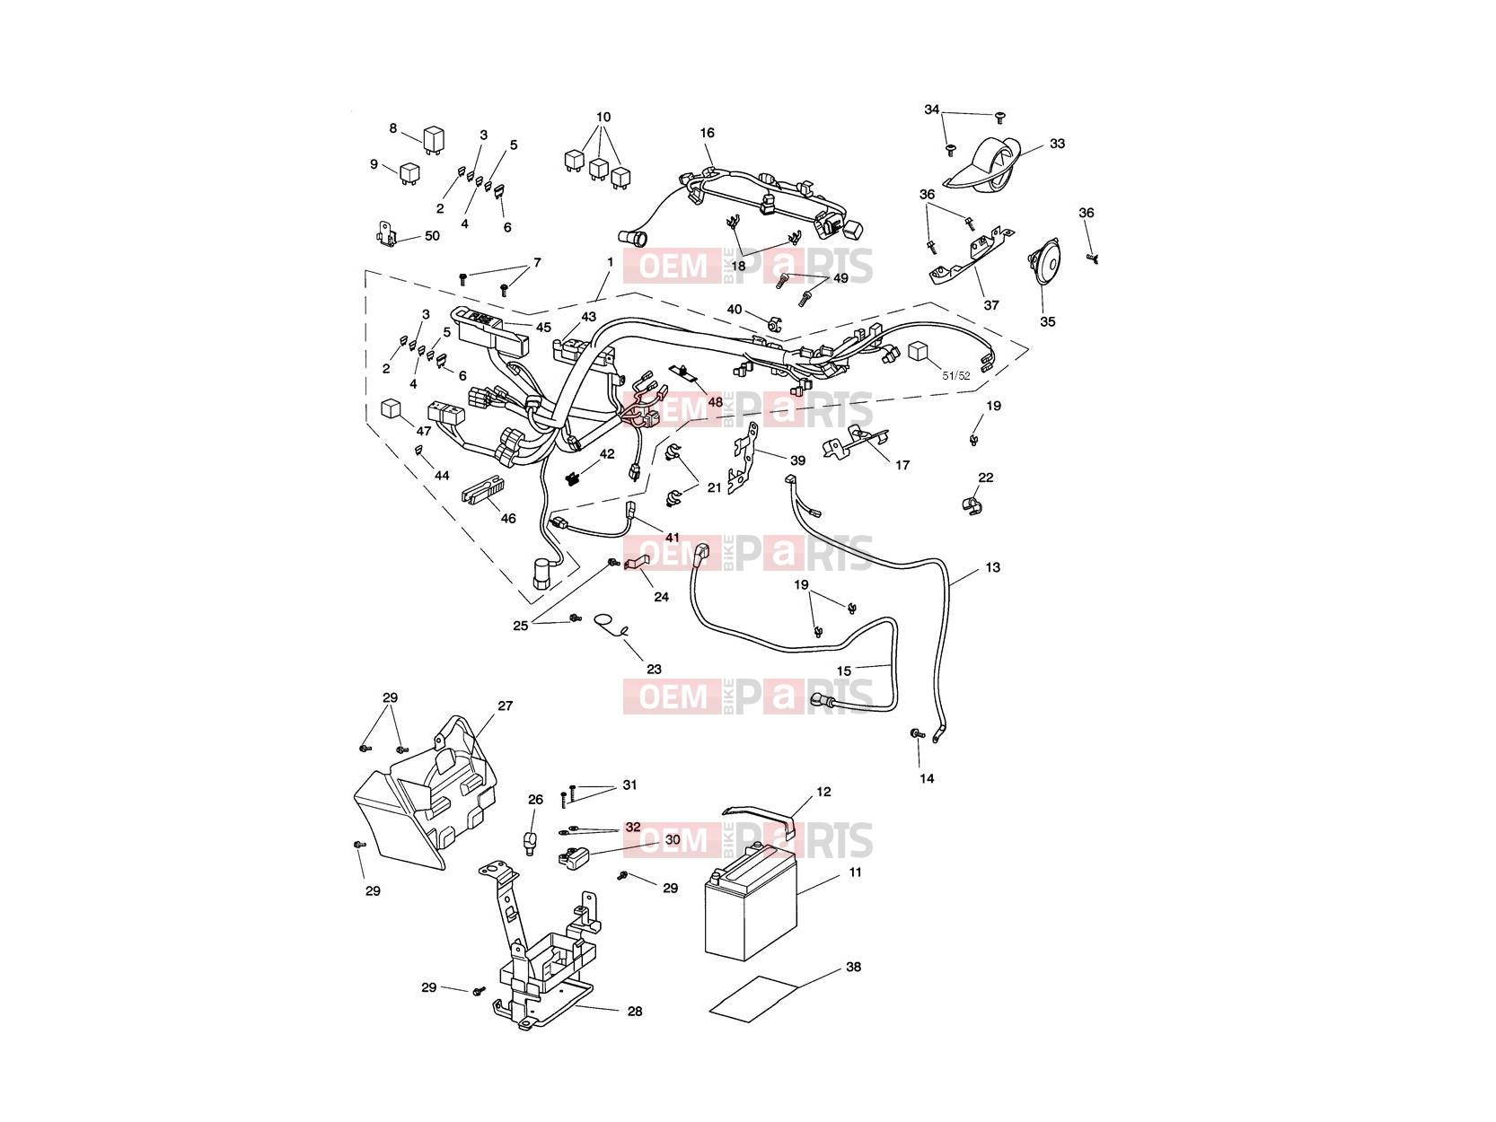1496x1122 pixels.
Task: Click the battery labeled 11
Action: tap(750, 902)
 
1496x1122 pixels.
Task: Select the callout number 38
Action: tap(853, 967)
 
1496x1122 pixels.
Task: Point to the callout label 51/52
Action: tap(956, 375)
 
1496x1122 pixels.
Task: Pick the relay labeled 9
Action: tap(409, 173)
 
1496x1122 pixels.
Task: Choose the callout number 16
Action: tap(707, 132)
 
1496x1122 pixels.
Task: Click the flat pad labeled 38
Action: tap(753, 998)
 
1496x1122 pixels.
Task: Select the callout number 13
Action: tap(992, 566)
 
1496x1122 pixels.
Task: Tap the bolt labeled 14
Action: tap(918, 733)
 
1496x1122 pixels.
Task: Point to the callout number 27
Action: tap(505, 706)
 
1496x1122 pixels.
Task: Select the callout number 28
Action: tap(635, 1012)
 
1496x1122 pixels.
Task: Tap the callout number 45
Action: tap(543, 327)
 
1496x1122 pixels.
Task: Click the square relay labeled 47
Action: tap(391, 408)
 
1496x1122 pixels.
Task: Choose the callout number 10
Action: tap(603, 118)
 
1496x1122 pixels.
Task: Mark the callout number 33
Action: tap(1057, 144)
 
